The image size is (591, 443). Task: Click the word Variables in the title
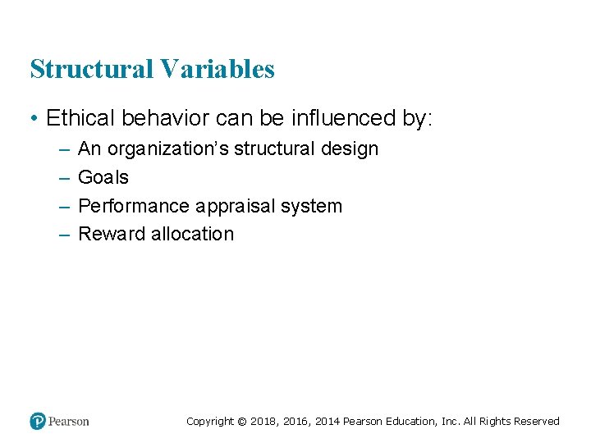point(218,70)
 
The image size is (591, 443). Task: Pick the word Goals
point(103,177)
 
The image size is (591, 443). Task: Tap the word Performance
point(133,206)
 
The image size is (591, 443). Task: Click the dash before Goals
point(64,178)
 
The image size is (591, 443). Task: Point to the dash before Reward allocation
point(64,235)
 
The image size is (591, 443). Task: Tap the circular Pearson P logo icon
point(38,421)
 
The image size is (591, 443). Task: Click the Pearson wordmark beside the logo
point(69,422)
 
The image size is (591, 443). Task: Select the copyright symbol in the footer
point(241,422)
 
